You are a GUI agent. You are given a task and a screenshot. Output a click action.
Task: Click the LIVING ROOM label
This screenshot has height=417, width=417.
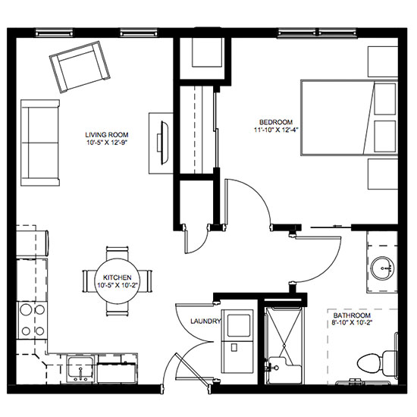[x=107, y=135]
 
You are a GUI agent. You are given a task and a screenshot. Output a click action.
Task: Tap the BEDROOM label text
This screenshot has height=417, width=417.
[x=276, y=122]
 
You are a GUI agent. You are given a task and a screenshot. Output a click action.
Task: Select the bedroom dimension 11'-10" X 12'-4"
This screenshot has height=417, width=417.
[x=276, y=130]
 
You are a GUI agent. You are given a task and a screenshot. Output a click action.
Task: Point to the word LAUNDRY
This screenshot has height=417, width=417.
[x=205, y=321]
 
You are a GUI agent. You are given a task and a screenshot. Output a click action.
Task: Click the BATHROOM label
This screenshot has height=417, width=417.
[x=352, y=315]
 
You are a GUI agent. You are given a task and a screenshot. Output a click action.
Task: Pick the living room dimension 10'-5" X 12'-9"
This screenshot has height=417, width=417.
[x=107, y=143]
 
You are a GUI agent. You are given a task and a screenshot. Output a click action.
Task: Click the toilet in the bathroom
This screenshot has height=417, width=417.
[x=377, y=363]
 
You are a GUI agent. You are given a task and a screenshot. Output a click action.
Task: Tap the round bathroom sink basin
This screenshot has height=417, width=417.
[x=382, y=268]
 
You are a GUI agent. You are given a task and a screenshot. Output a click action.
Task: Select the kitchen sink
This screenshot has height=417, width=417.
[x=80, y=369]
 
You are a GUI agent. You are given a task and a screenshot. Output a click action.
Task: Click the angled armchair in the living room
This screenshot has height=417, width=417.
[x=80, y=67]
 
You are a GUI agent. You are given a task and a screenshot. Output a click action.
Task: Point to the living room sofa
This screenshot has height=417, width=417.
[x=40, y=143]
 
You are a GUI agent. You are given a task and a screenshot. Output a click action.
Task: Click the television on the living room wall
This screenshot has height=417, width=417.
[x=164, y=143]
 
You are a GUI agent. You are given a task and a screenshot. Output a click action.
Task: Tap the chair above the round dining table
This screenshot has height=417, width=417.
[x=118, y=253]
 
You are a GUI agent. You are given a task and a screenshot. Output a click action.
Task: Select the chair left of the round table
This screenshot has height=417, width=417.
[x=89, y=281]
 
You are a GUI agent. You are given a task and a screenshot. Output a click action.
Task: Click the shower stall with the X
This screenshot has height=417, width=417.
[x=284, y=345]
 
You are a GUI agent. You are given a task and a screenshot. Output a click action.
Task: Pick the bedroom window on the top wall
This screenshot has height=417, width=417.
[x=317, y=33]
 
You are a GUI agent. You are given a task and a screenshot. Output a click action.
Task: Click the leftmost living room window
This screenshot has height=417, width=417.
[x=55, y=33]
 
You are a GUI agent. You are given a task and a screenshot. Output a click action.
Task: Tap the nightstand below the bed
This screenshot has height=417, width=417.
[x=383, y=174]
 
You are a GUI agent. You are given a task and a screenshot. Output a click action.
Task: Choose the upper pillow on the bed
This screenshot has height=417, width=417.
[x=385, y=99]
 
